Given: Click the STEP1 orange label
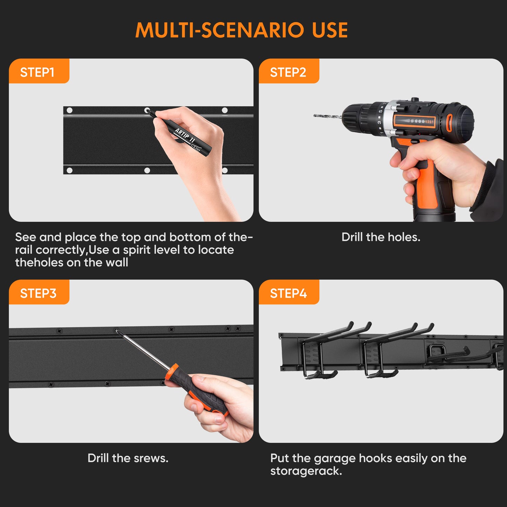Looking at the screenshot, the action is pyautogui.click(x=39, y=71).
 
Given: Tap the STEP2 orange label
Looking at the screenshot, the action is pyautogui.click(x=289, y=71).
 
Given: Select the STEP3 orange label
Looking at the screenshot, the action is pyautogui.click(x=39, y=292).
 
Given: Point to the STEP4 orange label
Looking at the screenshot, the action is pyautogui.click(x=289, y=292).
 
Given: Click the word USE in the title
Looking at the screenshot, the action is pyautogui.click(x=330, y=30).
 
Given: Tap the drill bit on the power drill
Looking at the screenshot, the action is pyautogui.click(x=328, y=116).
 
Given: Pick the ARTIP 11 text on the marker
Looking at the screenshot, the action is pyautogui.click(x=185, y=135).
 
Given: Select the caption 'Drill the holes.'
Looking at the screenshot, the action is pyautogui.click(x=381, y=237).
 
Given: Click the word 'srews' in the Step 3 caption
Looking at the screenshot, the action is pyautogui.click(x=150, y=459).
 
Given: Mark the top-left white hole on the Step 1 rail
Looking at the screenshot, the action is pyautogui.click(x=69, y=110).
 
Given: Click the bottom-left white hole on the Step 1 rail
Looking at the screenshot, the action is pyautogui.click(x=69, y=170).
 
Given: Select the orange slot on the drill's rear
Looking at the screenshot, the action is pyautogui.click(x=449, y=123).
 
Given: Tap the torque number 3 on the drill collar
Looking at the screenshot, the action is pyautogui.click(x=379, y=122).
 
